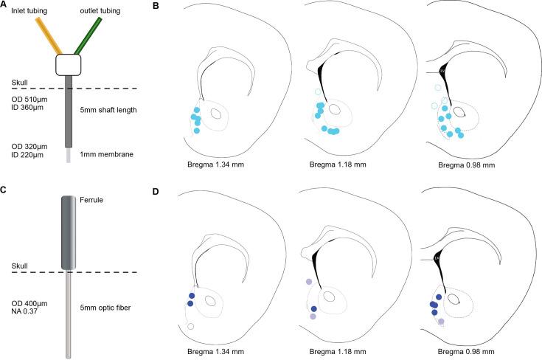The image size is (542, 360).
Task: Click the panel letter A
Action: [4, 6]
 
